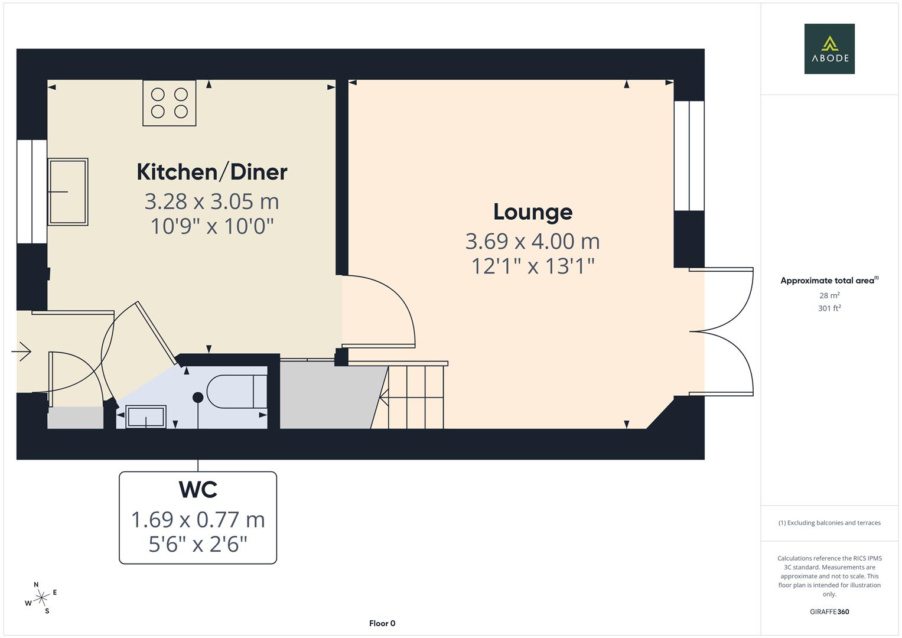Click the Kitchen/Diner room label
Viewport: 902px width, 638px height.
point(211,172)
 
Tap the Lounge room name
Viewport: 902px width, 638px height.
point(532,211)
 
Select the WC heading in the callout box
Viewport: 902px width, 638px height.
point(198,490)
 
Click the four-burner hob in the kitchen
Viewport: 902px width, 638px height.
point(170,103)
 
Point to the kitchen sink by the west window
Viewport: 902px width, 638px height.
point(68,191)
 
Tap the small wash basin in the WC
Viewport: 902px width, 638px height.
point(146,416)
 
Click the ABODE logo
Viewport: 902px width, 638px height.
point(829,48)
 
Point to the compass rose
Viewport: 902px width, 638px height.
point(41,598)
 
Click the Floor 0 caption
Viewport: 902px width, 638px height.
point(382,623)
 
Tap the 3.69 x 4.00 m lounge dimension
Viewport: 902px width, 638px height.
point(532,241)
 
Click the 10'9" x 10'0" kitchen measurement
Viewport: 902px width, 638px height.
point(211,226)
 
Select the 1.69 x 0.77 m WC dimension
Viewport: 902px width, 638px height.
point(198,520)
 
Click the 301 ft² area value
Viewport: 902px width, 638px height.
point(829,308)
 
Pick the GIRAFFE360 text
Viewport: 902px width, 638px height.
point(829,611)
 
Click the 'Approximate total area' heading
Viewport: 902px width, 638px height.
point(828,281)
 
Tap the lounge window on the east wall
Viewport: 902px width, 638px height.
point(689,155)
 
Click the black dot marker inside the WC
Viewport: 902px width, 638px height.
point(198,398)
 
